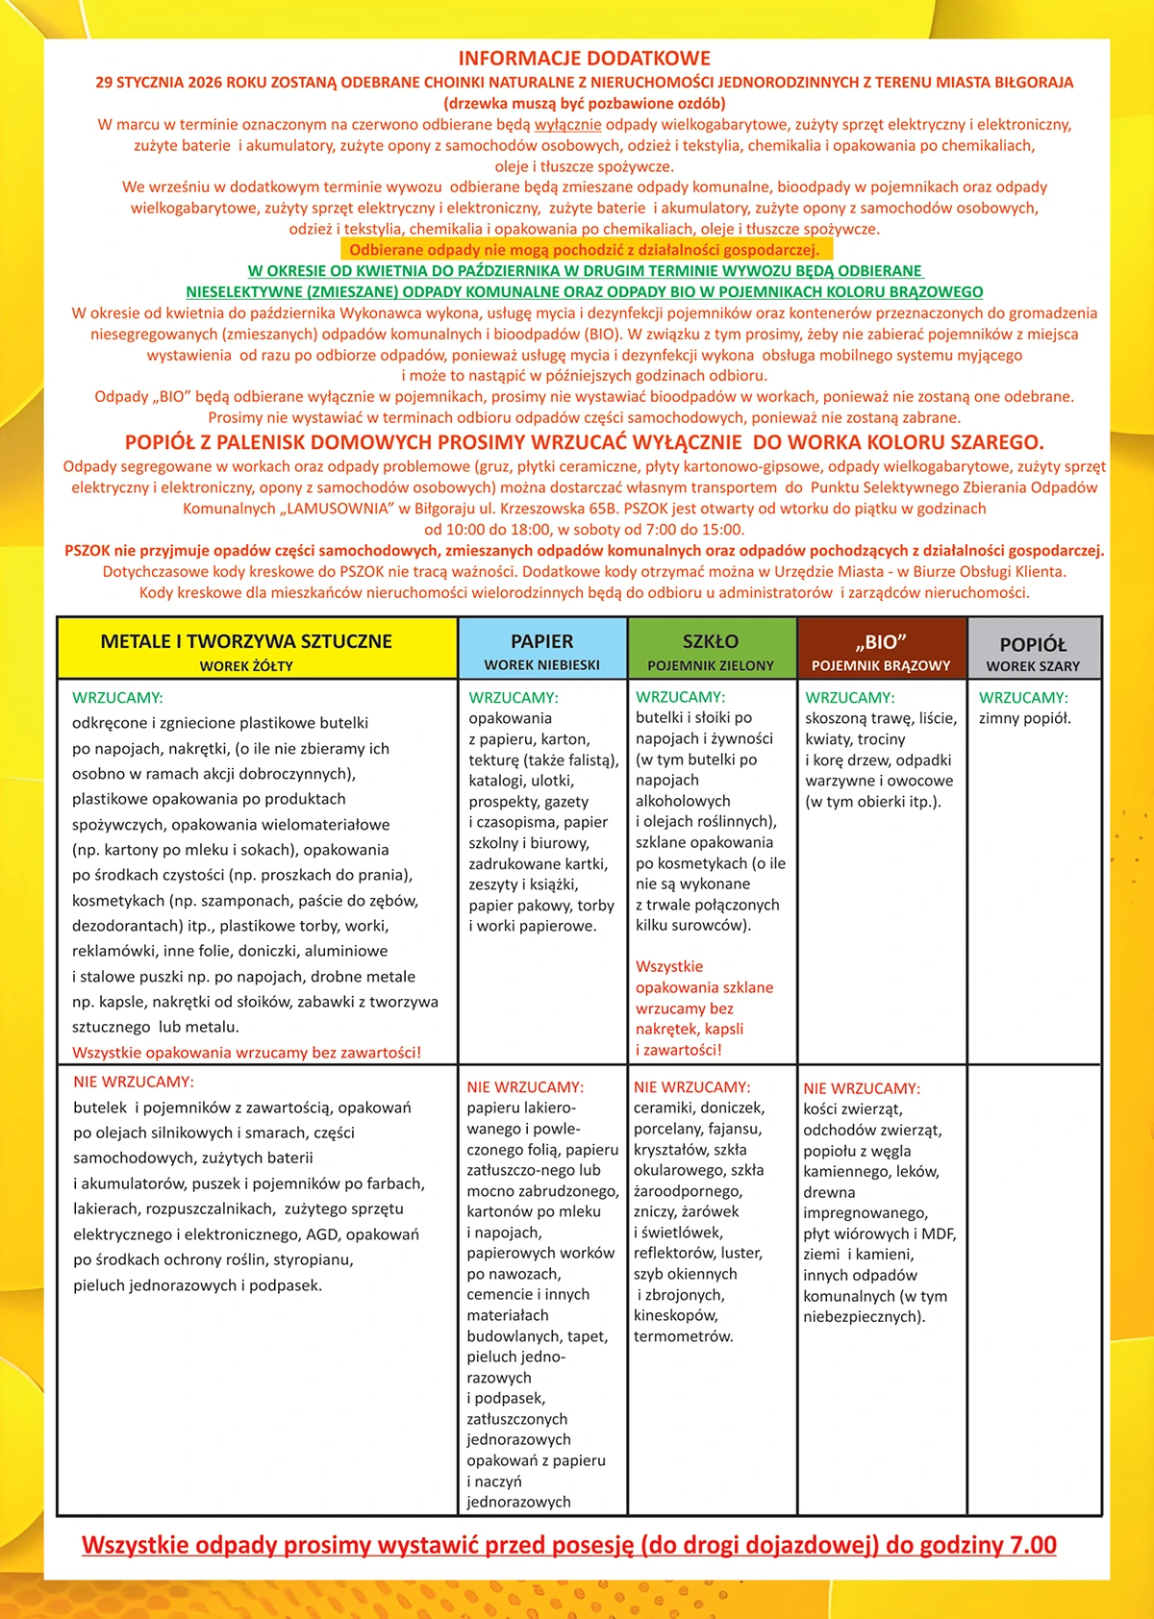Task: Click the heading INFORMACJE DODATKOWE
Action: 584,59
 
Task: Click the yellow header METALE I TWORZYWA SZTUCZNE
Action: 246,641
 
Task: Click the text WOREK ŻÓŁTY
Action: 246,666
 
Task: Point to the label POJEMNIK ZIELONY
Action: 711,665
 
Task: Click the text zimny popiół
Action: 1024,718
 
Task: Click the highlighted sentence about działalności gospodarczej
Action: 585,250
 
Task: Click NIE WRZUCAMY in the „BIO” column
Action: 862,1088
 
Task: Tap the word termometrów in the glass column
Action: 683,1336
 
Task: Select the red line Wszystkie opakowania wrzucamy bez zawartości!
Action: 246,1053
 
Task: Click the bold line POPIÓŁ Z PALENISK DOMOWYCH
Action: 584,442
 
